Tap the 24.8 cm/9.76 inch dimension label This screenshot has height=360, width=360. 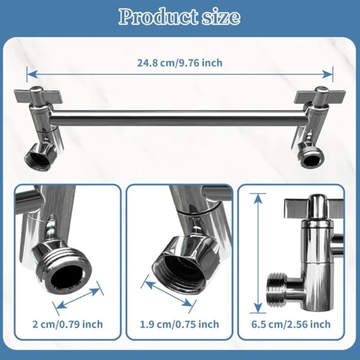[x=180, y=63]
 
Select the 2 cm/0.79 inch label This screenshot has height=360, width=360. [x=67, y=324]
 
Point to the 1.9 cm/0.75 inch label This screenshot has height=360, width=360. [x=180, y=324]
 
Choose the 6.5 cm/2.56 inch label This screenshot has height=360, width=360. [x=291, y=324]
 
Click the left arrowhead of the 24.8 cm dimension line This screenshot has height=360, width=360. [x=32, y=74]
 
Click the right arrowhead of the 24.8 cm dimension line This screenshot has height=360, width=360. [x=328, y=74]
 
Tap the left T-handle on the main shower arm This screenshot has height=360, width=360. [x=38, y=96]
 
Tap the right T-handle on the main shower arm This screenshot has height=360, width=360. [x=320, y=96]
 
